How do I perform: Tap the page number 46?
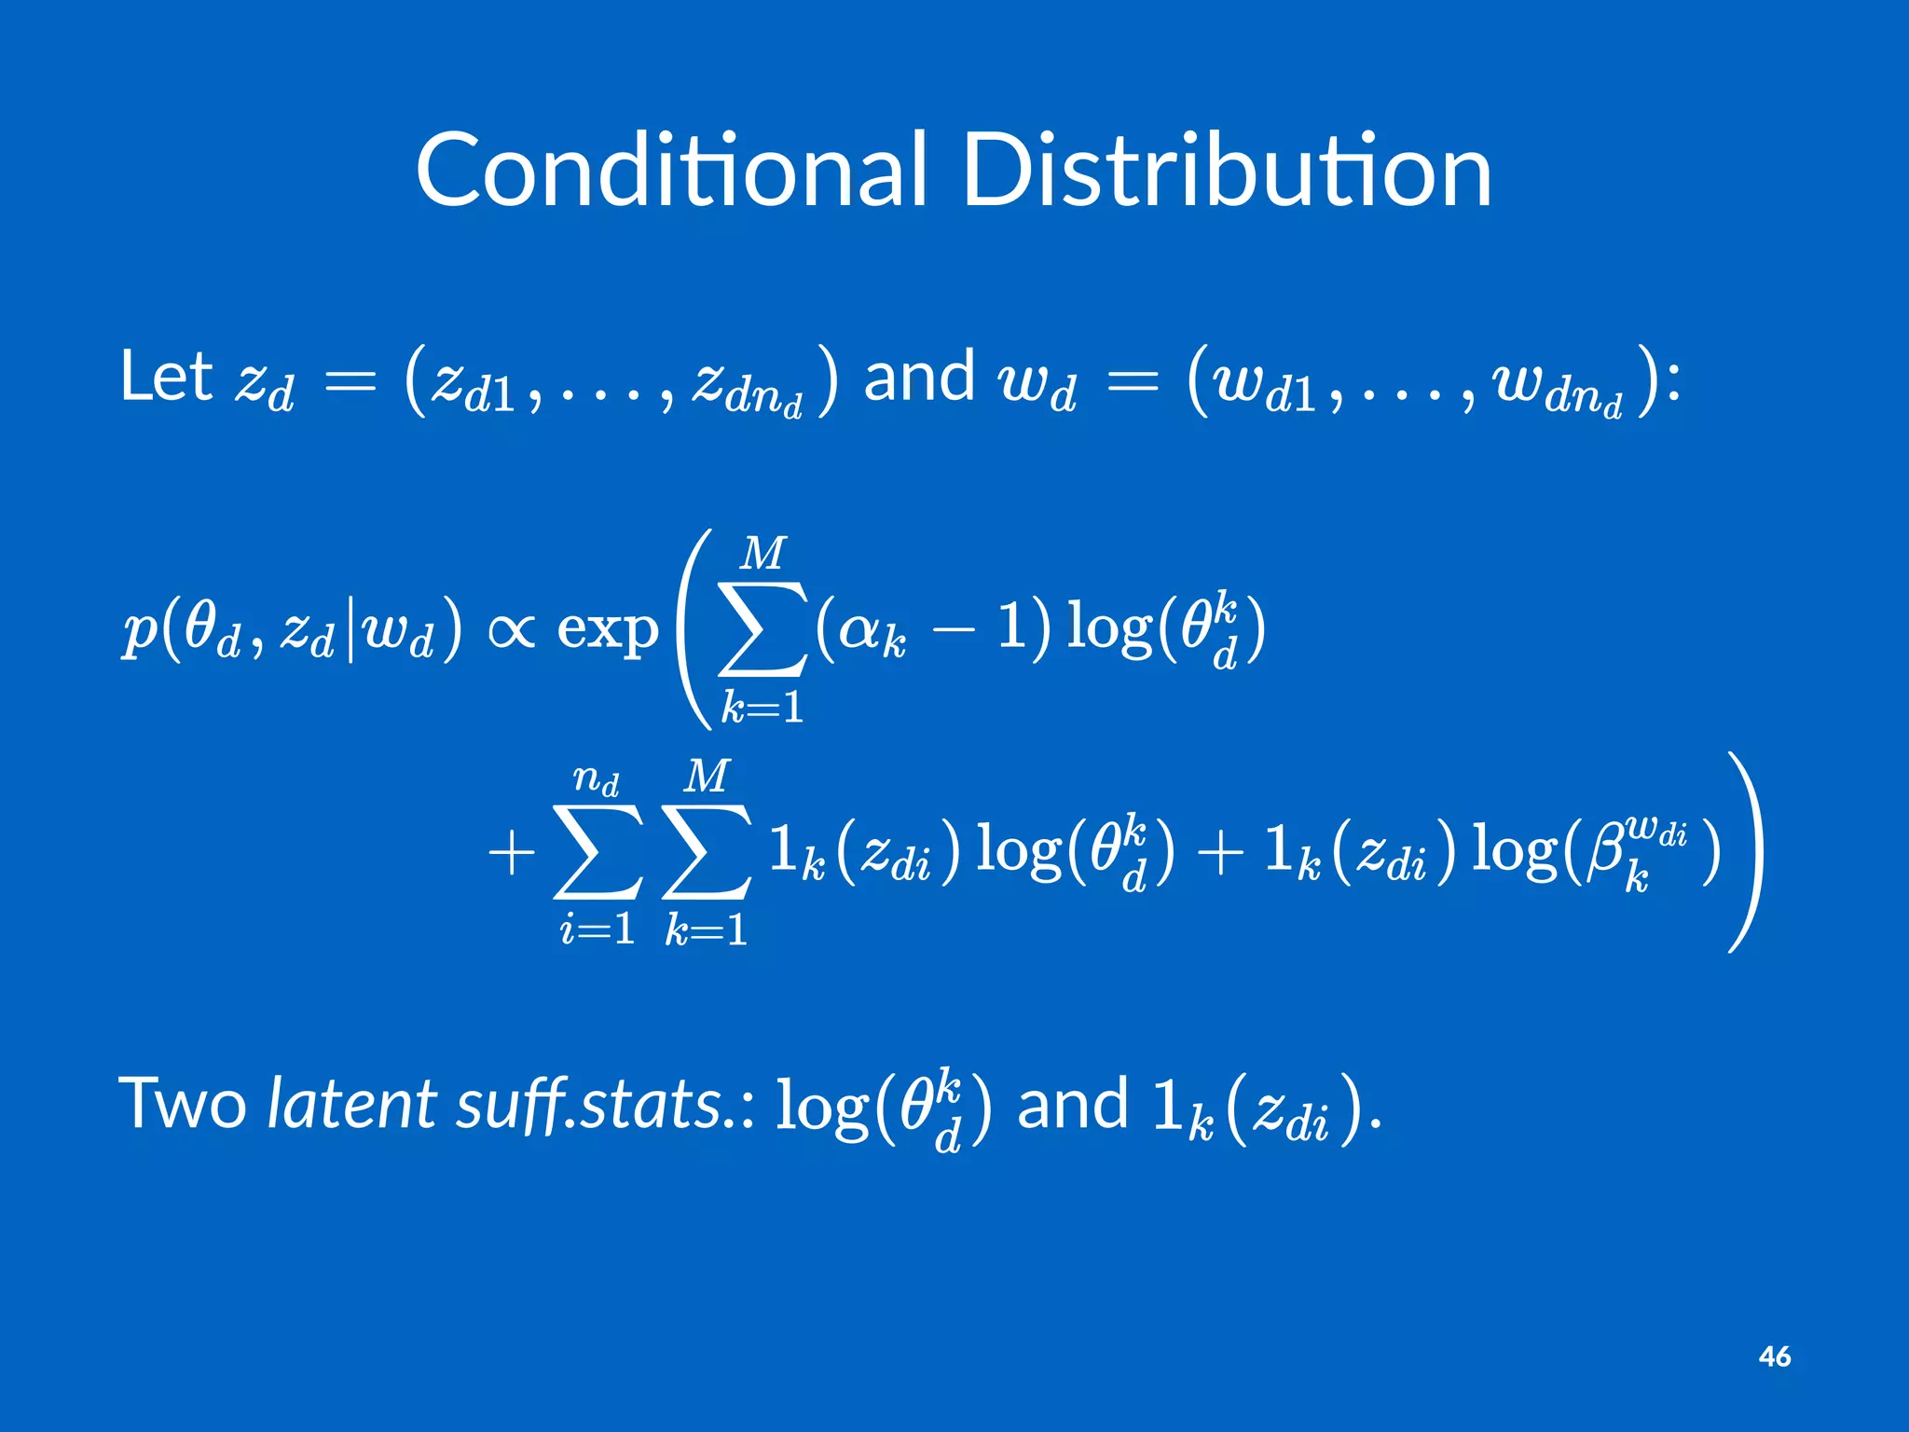(1774, 1356)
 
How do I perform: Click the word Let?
(166, 377)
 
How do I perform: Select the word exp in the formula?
(607, 630)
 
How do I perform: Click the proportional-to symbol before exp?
(511, 630)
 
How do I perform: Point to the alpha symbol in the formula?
(861, 629)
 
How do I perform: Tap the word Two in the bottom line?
(183, 1104)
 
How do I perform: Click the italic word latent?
(351, 1104)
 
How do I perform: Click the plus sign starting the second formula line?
(511, 853)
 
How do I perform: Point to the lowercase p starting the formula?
(140, 632)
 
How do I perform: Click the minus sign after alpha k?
(952, 630)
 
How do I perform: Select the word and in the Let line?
(919, 377)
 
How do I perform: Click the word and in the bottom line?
(1072, 1104)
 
